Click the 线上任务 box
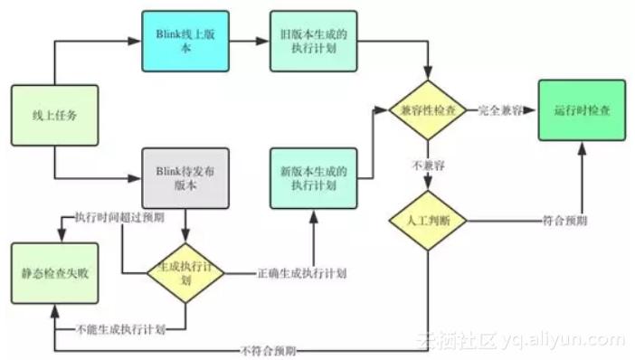(x=54, y=116)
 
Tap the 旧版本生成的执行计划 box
(x=313, y=42)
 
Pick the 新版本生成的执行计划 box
(x=313, y=176)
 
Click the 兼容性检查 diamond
(x=427, y=109)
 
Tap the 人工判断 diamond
(x=427, y=220)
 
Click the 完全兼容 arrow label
(x=504, y=109)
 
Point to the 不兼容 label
(x=427, y=166)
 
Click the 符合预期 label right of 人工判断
(x=565, y=220)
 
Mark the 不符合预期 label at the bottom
(x=269, y=349)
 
